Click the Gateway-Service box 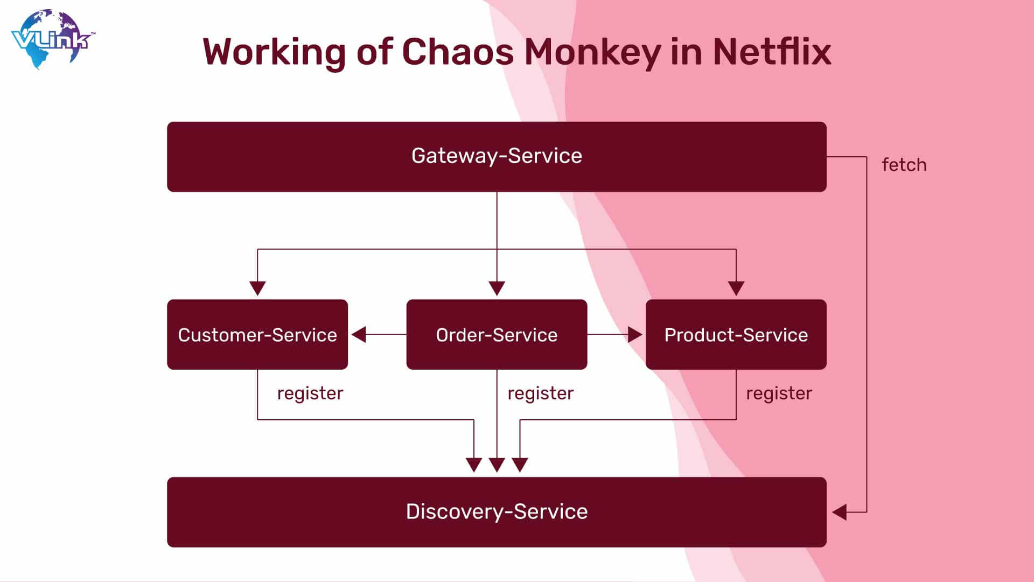[497, 157]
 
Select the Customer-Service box [257, 335]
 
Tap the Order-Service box [497, 335]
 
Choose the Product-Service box [736, 335]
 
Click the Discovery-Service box [497, 512]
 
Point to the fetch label [904, 165]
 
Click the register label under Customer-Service [310, 393]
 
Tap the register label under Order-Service [541, 393]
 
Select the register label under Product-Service [779, 393]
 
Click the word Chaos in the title [458, 52]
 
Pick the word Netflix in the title [772, 52]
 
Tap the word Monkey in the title [593, 53]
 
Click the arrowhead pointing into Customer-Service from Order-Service [359, 335]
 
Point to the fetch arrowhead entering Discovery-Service [839, 512]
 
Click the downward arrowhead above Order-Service [497, 288]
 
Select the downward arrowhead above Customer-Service [257, 288]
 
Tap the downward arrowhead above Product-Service [736, 288]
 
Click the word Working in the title [274, 53]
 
